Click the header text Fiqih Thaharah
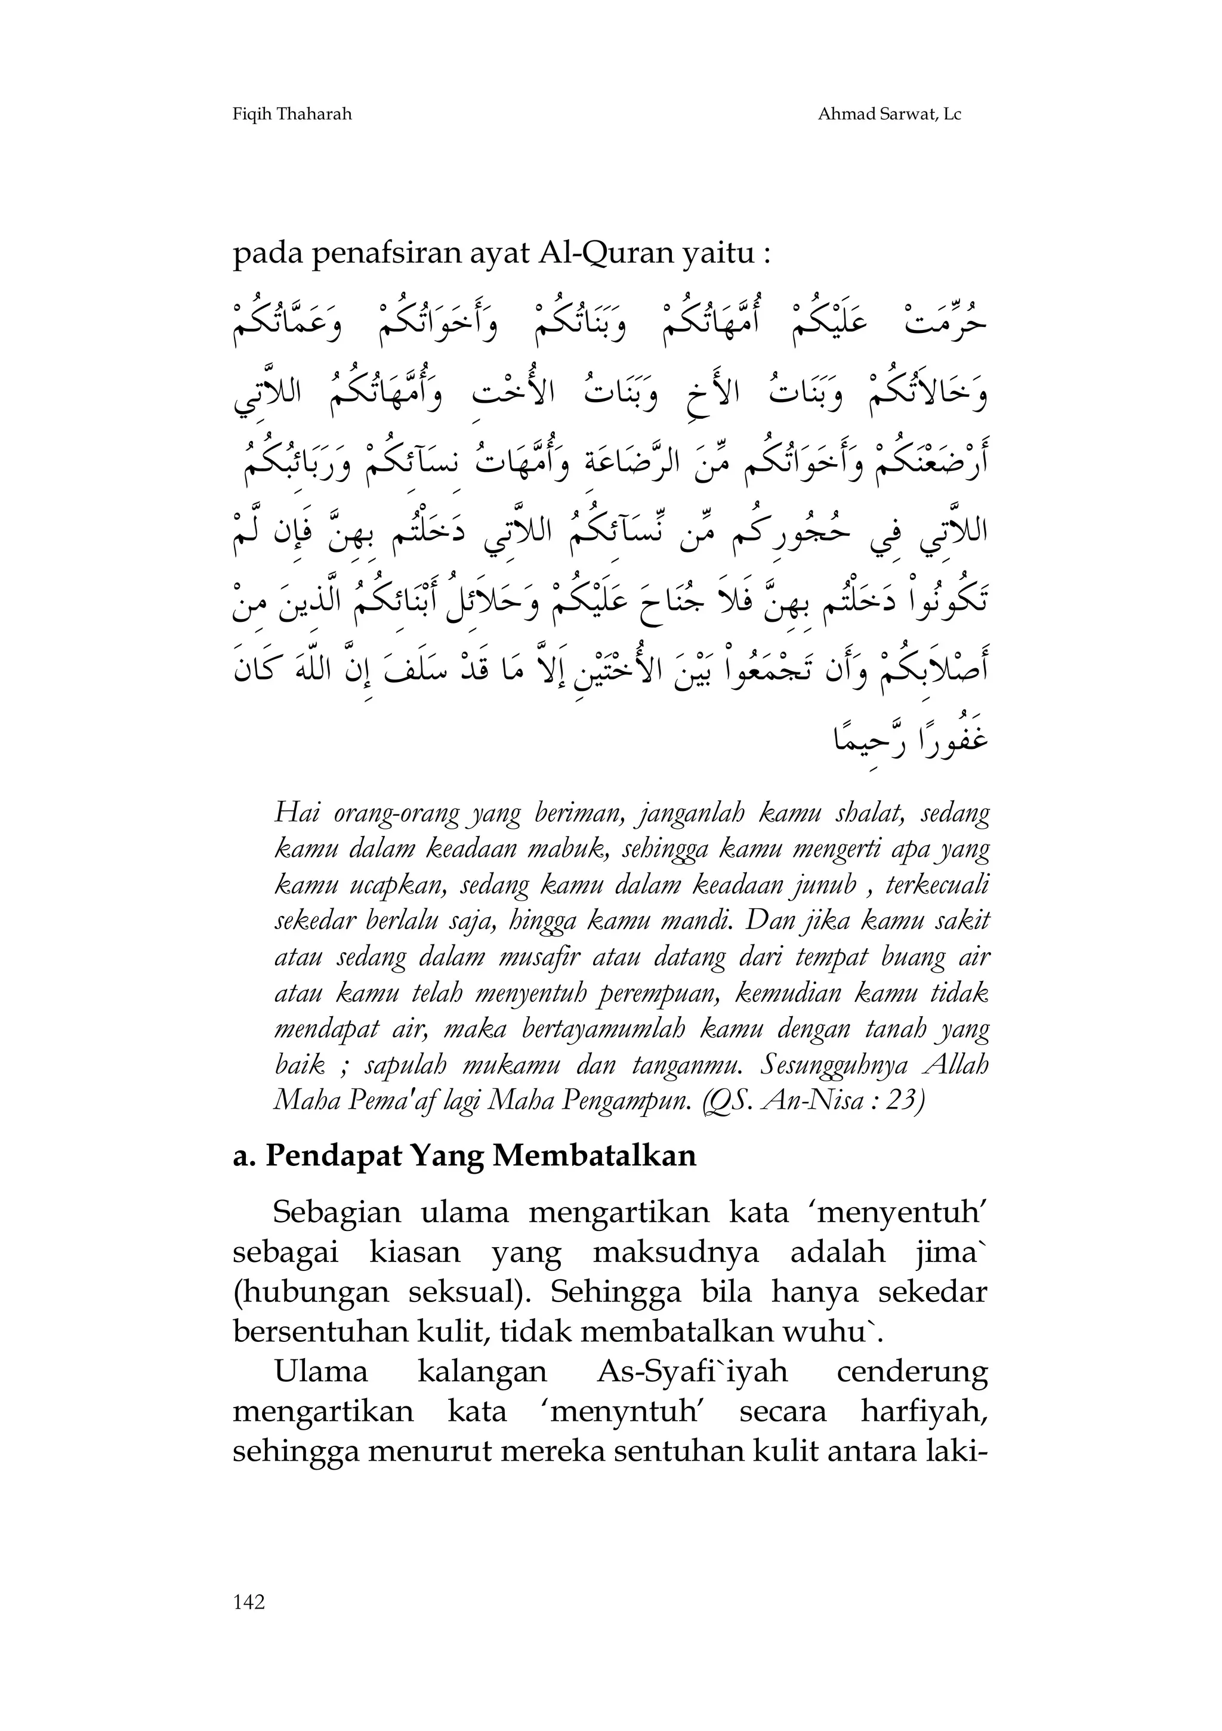click(292, 115)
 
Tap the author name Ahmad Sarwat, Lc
click(890, 115)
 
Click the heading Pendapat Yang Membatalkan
click(480, 1155)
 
